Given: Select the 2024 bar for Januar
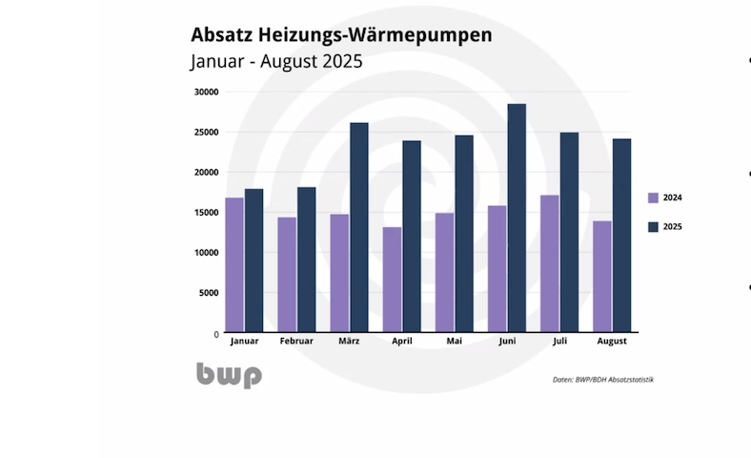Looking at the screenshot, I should [x=234, y=264].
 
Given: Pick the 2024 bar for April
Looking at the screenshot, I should [x=392, y=279].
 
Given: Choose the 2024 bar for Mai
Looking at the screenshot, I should [x=445, y=272].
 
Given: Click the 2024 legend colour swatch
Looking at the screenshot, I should [x=653, y=198].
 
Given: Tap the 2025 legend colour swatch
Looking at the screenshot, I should [x=653, y=227].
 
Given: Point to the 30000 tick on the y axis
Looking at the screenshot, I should [x=206, y=92].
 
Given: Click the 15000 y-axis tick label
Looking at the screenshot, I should [x=206, y=212].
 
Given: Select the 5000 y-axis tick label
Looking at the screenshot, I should [x=209, y=293].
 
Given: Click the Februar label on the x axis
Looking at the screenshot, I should [x=296, y=341].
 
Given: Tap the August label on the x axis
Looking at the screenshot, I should [x=612, y=341].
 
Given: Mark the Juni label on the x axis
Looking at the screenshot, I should [x=507, y=341].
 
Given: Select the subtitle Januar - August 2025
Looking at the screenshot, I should [x=276, y=62].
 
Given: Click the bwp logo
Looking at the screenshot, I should [x=229, y=374].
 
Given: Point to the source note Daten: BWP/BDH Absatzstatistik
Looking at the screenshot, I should [x=602, y=380].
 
